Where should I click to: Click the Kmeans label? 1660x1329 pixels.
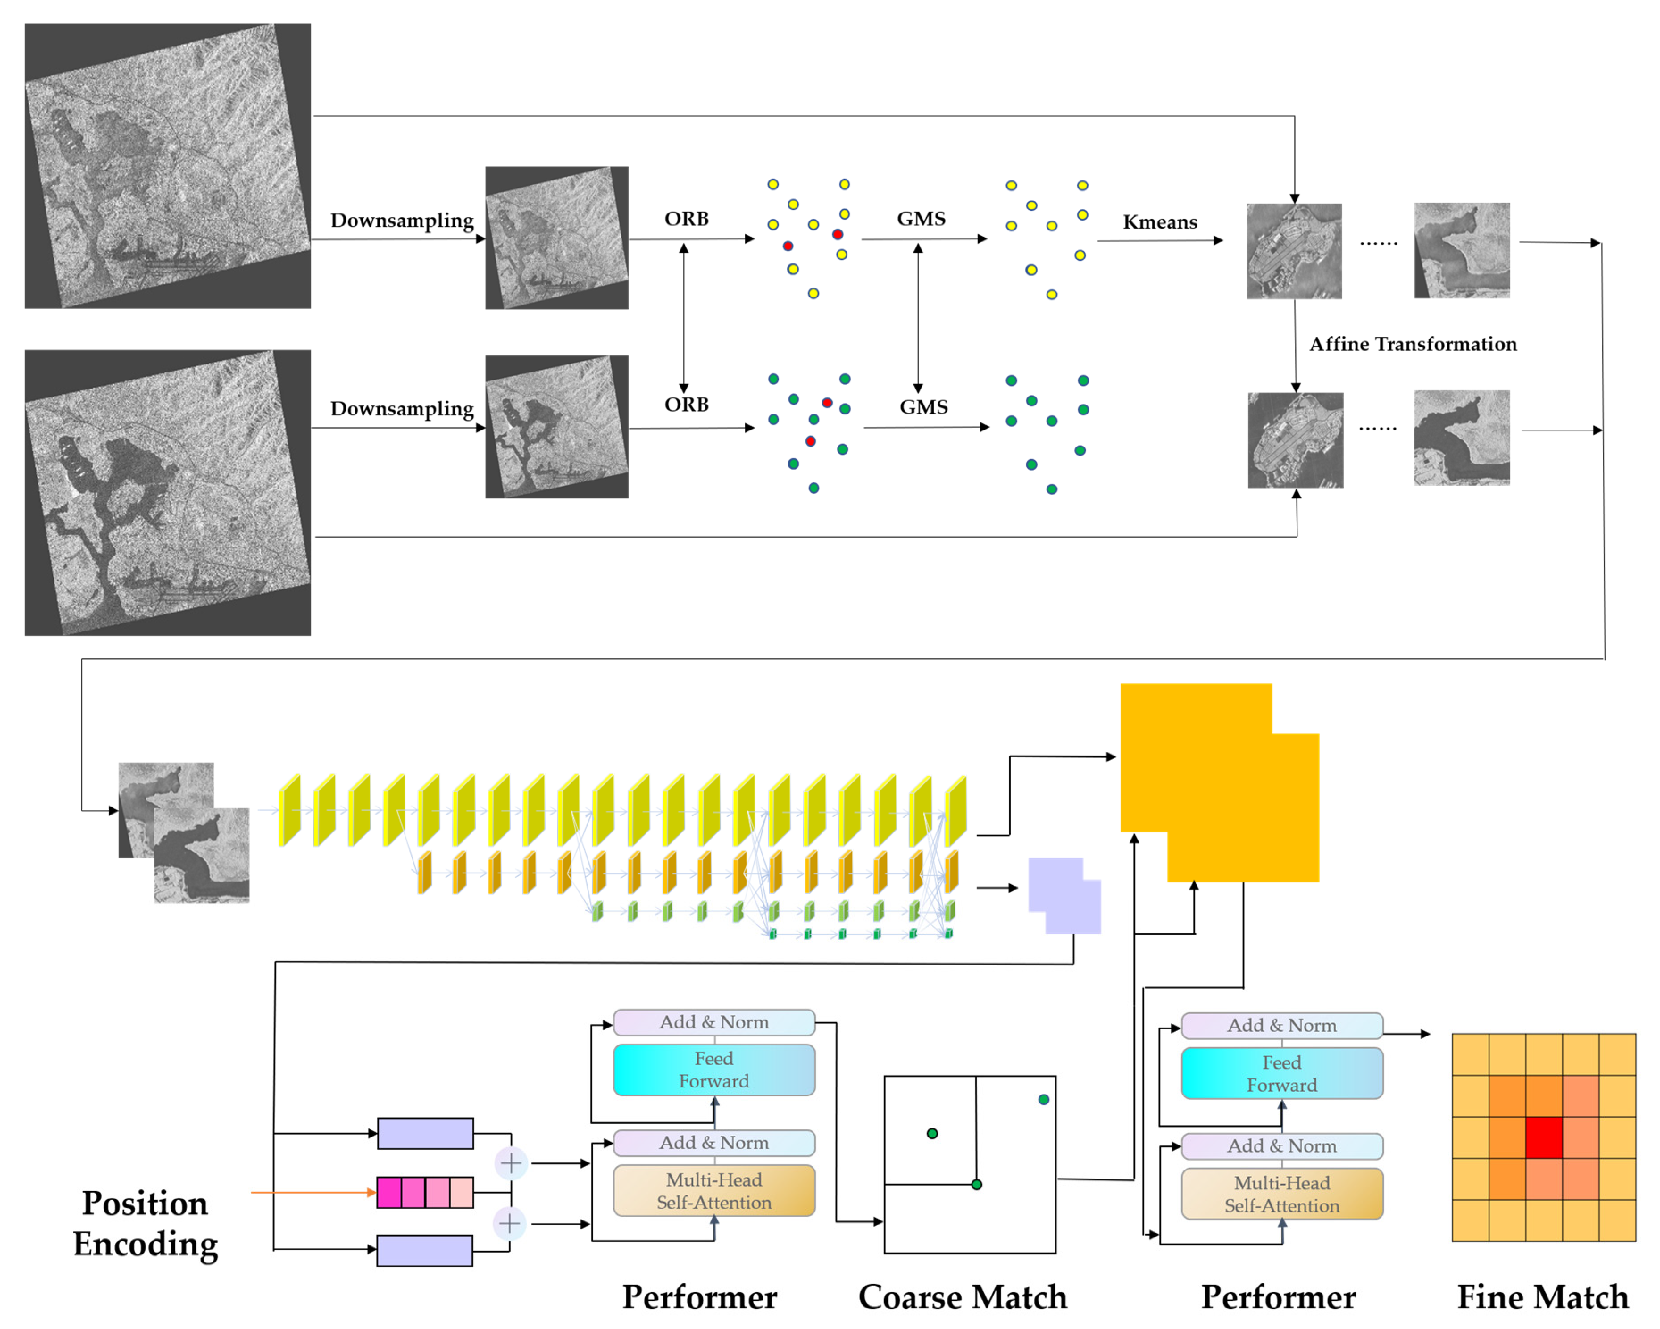coord(1159,222)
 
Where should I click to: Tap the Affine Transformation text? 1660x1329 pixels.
coord(1413,344)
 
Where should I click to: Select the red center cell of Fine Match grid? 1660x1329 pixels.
coord(1543,1137)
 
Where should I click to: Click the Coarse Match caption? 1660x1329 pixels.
coord(963,1297)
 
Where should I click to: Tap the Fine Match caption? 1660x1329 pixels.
coord(1542,1297)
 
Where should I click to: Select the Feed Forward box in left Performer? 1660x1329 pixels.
coord(714,1070)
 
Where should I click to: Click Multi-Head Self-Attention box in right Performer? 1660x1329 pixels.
coord(1282,1194)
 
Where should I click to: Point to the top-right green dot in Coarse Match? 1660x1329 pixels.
coord(1043,1099)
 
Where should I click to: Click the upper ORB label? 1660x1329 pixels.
coord(686,219)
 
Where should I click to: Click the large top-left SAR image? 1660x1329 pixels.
coord(167,166)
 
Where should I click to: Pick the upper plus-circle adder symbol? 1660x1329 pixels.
coord(510,1163)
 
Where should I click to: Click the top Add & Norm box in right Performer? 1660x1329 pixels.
coord(1282,1026)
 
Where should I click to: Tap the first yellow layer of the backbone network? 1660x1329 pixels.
coord(289,811)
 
